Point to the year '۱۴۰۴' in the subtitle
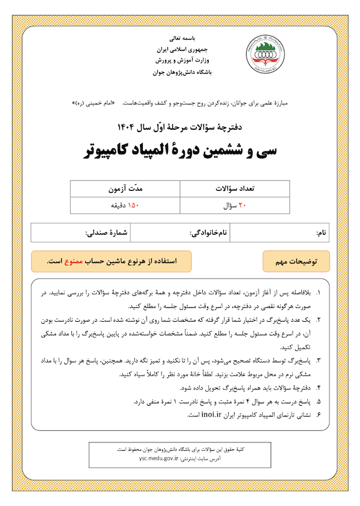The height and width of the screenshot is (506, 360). (x=131, y=127)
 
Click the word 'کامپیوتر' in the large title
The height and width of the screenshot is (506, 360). (x=115, y=150)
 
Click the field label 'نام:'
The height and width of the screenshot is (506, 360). (x=322, y=232)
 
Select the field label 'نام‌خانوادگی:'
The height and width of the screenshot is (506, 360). (x=209, y=232)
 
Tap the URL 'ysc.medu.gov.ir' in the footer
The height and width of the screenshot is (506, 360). (x=159, y=457)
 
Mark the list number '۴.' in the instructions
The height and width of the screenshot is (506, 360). (x=318, y=388)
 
